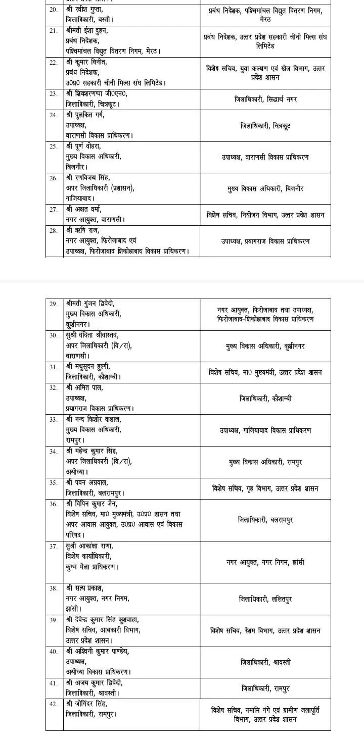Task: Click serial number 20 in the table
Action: click(53, 10)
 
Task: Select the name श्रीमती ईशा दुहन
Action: click(86, 30)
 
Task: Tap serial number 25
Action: click(53, 146)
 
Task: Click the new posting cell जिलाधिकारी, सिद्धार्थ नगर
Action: click(265, 100)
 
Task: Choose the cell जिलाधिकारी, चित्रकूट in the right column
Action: click(265, 125)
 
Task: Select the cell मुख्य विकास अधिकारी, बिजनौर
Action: click(265, 188)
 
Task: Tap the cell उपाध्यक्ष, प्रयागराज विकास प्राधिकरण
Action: click(265, 241)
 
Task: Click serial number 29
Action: click(53, 304)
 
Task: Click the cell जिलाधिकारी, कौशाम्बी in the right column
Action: click(265, 399)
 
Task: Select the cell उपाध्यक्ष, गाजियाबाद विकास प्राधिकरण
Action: click(265, 430)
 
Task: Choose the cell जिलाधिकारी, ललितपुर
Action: click(265, 599)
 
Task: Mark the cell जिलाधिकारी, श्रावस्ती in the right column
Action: click(265, 662)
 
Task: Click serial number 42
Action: click(53, 704)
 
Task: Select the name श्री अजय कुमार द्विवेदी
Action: click(94, 683)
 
